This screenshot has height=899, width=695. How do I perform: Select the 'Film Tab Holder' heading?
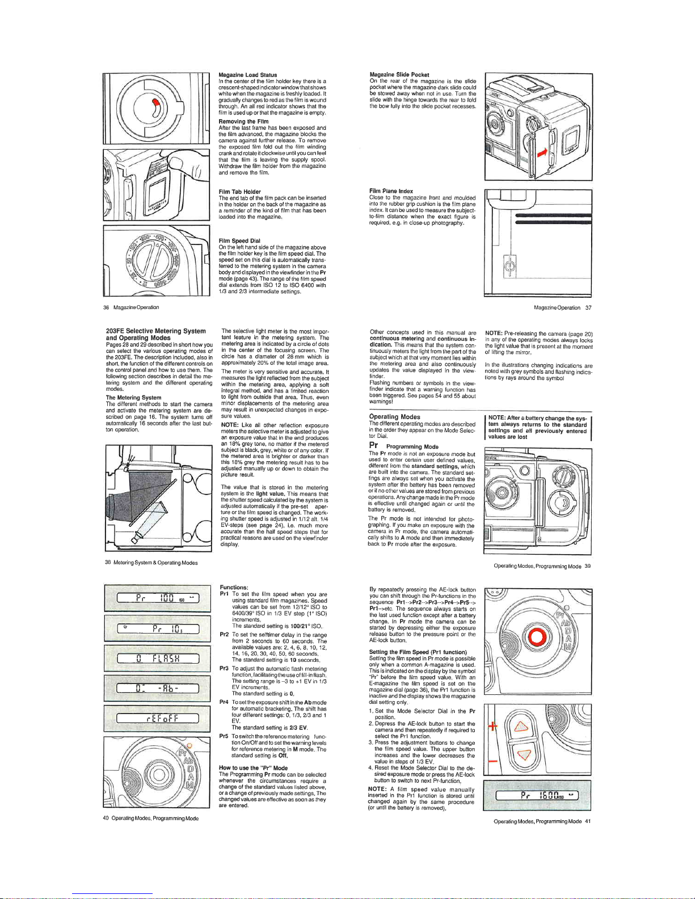239,192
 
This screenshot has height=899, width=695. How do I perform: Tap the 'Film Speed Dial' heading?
239,241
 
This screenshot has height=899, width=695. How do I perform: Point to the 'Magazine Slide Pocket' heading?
399,75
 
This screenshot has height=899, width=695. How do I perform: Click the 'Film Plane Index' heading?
391,191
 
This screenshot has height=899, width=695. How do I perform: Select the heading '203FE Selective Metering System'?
155,331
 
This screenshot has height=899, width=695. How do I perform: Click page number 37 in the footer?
588,308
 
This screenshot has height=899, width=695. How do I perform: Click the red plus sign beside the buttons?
492,727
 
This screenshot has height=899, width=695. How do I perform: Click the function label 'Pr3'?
224,669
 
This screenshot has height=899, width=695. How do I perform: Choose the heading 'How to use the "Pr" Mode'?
253,768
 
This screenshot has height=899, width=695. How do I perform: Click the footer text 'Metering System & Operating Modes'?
155,563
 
